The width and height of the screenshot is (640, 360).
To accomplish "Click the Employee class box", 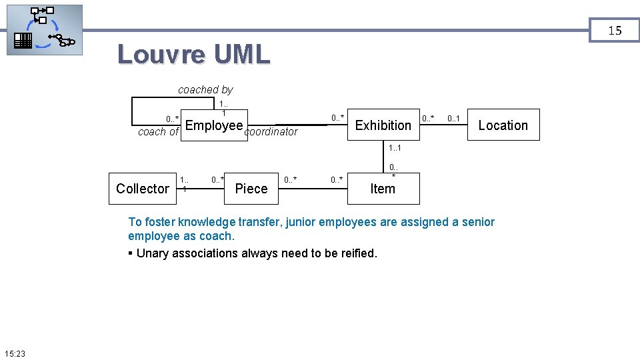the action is click(213, 125).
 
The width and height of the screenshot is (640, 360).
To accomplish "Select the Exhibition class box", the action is click(383, 125).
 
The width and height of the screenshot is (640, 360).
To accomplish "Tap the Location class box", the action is click(503, 125).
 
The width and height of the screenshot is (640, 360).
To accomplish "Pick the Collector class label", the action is click(142, 189).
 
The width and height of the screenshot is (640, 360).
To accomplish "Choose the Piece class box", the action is click(251, 189).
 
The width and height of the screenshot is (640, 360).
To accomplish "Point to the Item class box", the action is click(383, 189).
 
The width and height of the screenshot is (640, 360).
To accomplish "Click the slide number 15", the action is click(615, 30).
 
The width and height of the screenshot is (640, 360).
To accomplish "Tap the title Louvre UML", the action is click(193, 55).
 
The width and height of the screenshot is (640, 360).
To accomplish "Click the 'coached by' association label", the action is click(205, 89).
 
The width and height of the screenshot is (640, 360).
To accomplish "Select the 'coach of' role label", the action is click(158, 132).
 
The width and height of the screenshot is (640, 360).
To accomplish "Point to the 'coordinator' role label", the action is click(271, 132).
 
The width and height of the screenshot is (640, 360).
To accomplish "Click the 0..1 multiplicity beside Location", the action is click(453, 119).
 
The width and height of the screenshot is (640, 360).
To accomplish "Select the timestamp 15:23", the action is click(14, 353).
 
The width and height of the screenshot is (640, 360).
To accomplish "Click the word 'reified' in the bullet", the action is click(358, 253).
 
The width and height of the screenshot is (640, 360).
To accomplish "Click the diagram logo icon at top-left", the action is click(44, 30).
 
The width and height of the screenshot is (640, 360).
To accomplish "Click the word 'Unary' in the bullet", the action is click(153, 253).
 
